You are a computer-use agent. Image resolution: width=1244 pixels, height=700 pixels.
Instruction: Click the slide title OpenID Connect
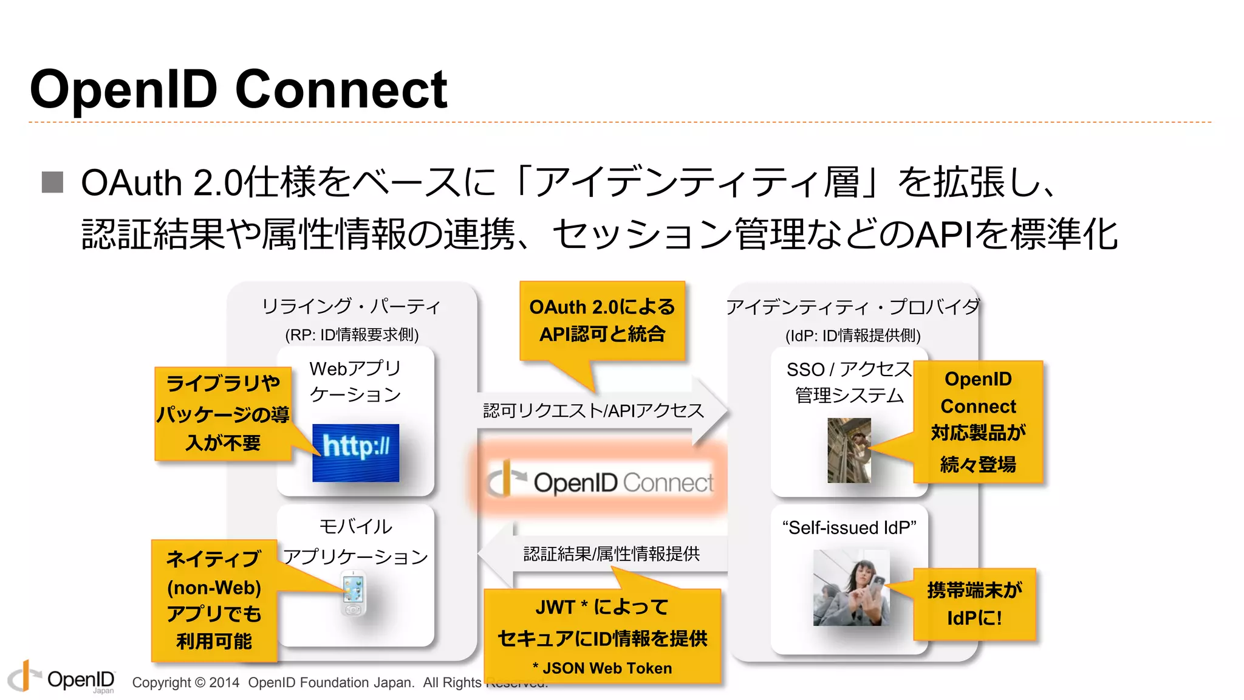(238, 89)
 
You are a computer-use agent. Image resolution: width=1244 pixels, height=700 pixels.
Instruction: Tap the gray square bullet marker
(53, 182)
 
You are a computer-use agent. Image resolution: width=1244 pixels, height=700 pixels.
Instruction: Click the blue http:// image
(355, 453)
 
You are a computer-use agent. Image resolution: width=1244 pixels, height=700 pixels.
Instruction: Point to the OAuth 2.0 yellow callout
(601, 321)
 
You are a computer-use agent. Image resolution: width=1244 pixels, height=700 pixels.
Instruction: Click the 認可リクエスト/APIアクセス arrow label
(593, 411)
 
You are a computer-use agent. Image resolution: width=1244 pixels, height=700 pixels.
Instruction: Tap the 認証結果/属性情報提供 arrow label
(611, 554)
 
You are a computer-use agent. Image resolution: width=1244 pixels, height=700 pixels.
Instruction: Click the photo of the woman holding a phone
(851, 588)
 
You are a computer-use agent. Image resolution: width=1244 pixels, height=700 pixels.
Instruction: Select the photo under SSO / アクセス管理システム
(849, 450)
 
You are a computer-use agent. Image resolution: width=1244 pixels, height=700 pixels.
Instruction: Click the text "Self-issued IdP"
(849, 527)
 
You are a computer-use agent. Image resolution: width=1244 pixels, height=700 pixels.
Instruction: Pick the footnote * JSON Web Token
(602, 668)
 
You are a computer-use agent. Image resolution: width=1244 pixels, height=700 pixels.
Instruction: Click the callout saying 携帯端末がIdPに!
(974, 604)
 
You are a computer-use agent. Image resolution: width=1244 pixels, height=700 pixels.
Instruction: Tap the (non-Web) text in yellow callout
(214, 588)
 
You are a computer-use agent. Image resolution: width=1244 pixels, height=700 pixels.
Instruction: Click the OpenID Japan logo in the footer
(61, 678)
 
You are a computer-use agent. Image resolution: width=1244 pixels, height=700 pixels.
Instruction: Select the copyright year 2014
(224, 682)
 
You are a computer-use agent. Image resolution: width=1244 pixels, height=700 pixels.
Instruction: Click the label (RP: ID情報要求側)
(352, 335)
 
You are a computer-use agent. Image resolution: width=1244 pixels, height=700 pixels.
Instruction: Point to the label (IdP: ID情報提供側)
(853, 335)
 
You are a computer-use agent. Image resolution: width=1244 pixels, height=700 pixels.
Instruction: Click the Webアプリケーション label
(355, 381)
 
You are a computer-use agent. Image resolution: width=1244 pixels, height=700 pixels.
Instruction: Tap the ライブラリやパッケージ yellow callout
(223, 413)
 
